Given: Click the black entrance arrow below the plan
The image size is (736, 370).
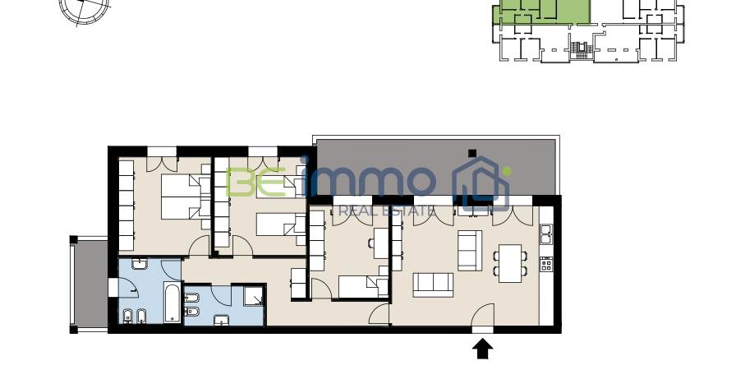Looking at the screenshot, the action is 482,349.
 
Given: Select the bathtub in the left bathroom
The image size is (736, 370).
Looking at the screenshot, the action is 172,303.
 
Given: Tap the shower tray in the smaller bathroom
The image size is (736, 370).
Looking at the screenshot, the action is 254,296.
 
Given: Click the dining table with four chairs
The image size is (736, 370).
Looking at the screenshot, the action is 510,263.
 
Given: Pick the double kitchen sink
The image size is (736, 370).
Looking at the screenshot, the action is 546,234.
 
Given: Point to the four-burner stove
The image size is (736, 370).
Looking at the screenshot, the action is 546,265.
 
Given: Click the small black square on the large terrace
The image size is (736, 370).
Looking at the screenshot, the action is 472,153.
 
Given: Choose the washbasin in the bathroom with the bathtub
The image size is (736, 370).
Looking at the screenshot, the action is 140,265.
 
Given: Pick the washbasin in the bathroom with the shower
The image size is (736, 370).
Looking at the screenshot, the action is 222,320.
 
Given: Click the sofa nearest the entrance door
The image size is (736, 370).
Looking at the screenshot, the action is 433,285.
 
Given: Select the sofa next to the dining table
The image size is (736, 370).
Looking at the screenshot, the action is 470,250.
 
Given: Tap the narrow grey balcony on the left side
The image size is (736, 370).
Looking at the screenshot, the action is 90,284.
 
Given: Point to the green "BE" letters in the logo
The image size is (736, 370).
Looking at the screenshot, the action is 255,183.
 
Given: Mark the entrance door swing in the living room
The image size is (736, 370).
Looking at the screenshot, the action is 483,314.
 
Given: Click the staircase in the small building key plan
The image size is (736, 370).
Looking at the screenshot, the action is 582,50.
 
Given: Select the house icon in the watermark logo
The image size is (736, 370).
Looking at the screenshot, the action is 481,184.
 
